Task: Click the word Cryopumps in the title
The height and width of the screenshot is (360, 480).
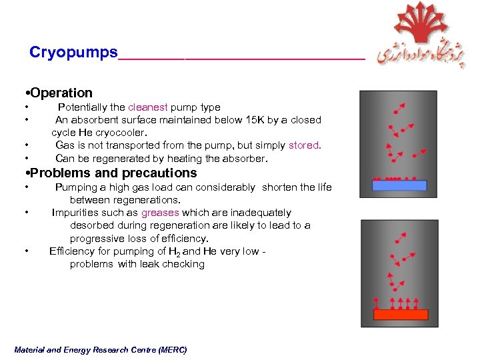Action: click(x=73, y=53)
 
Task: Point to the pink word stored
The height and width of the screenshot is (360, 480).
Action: click(x=305, y=145)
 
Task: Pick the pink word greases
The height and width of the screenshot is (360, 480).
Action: click(x=160, y=213)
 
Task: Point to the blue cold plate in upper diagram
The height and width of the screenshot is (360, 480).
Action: click(x=399, y=186)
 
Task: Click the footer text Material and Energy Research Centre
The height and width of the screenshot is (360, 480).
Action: click(x=90, y=350)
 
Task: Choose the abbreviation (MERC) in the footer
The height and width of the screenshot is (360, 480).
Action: click(x=173, y=350)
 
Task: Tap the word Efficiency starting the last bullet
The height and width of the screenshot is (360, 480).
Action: click(x=73, y=251)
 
